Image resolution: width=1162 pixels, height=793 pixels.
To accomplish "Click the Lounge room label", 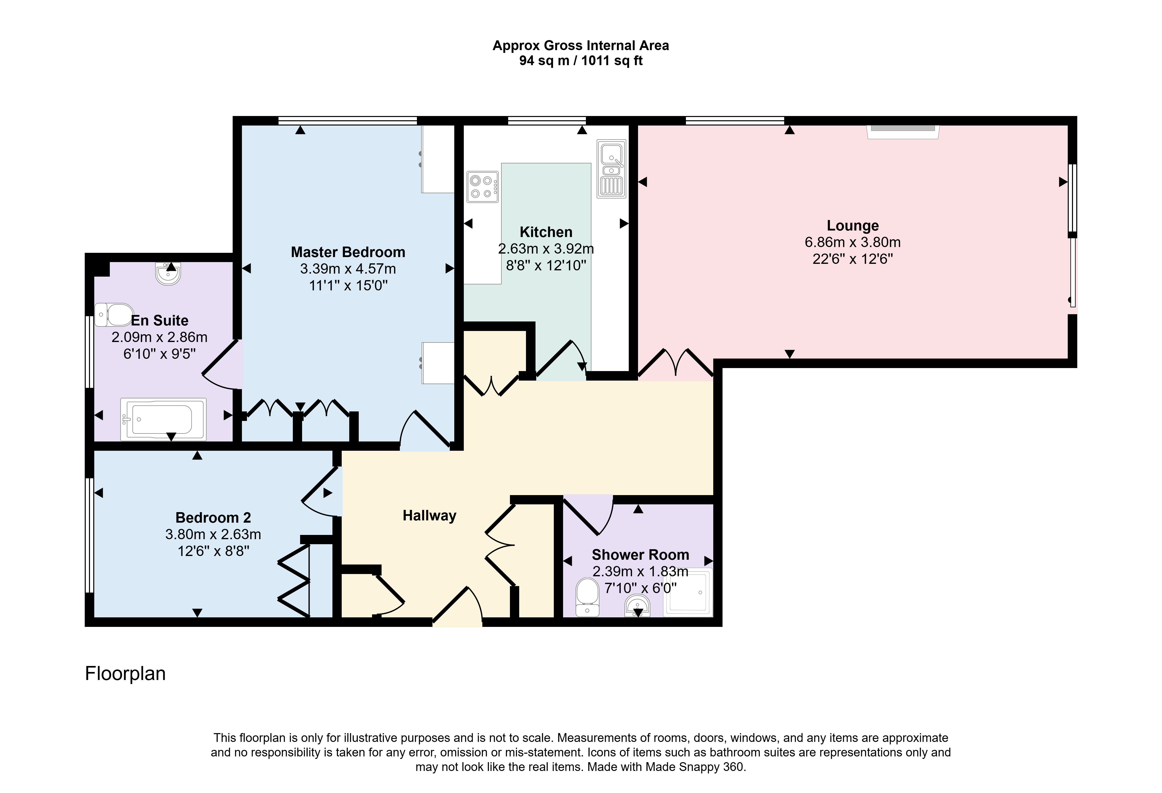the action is (x=852, y=226).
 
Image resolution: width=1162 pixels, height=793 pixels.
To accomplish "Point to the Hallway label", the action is (x=429, y=516).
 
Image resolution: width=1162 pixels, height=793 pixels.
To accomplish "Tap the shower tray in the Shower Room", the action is (x=688, y=592).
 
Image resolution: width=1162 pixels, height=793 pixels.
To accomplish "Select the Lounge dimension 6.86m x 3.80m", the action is (x=852, y=242).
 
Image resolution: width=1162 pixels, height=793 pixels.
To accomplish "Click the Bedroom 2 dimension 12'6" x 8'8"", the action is (x=214, y=551).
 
